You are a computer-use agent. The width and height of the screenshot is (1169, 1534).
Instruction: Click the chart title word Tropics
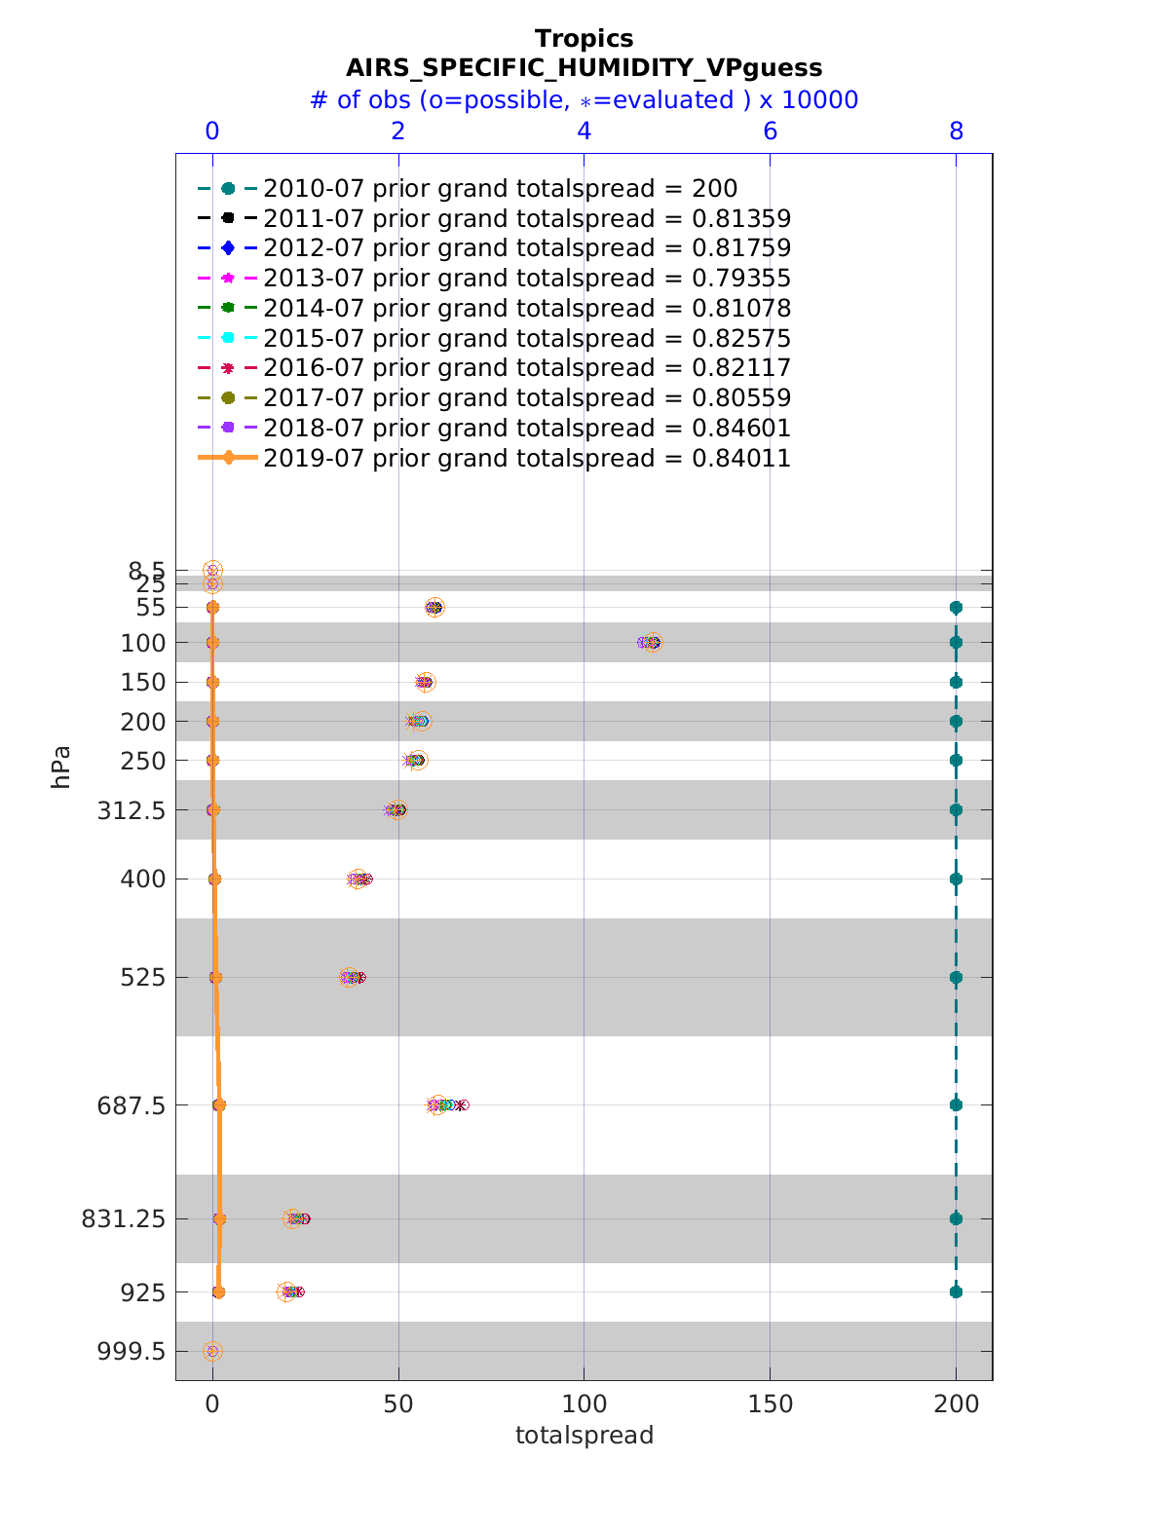pos(584,39)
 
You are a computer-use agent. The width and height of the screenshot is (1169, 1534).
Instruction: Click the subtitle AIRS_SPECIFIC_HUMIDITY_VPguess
pos(584,68)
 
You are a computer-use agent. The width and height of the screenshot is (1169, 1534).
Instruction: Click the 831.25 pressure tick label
pos(131,1218)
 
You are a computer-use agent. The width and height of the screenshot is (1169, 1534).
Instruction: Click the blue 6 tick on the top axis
pos(771,131)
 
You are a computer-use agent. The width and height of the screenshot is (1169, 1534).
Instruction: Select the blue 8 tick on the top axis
pos(957,131)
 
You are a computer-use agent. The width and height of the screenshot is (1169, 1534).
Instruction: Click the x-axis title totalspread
pos(584,1436)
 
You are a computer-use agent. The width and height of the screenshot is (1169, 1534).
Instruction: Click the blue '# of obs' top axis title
pos(584,100)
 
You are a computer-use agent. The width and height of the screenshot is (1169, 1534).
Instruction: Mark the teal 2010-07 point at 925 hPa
pos(956,1292)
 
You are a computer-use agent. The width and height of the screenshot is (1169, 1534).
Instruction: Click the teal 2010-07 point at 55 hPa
pos(956,608)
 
